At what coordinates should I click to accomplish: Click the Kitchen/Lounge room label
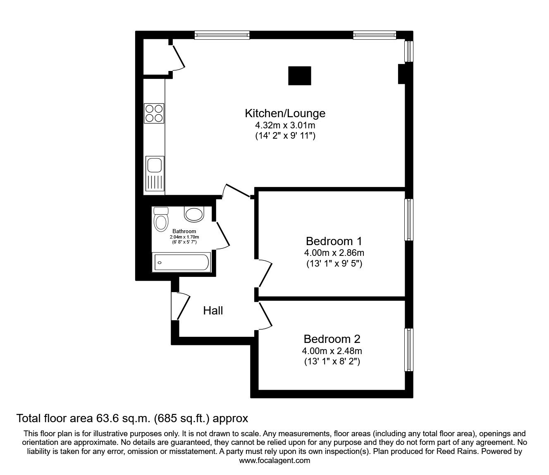click(x=285, y=113)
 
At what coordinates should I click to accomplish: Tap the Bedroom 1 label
click(x=334, y=241)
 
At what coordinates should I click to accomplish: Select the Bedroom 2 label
click(x=332, y=339)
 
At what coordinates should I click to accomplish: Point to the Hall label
click(x=213, y=310)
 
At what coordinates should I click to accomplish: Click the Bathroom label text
click(x=184, y=232)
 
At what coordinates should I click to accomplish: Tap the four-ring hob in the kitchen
click(x=154, y=113)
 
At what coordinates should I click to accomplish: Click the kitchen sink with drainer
click(x=154, y=175)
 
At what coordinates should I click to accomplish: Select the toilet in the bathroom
click(x=160, y=219)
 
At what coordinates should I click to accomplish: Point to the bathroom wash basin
click(x=194, y=214)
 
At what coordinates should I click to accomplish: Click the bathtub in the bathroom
click(x=181, y=262)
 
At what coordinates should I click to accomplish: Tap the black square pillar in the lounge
click(x=299, y=76)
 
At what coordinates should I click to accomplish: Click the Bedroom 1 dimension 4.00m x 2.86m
click(x=334, y=253)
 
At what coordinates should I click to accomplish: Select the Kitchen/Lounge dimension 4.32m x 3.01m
click(x=285, y=125)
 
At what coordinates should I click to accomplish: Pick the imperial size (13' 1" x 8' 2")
click(x=332, y=362)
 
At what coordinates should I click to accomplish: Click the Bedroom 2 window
click(x=409, y=350)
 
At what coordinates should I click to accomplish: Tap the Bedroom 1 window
click(x=409, y=220)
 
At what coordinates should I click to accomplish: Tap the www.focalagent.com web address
click(x=274, y=461)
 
